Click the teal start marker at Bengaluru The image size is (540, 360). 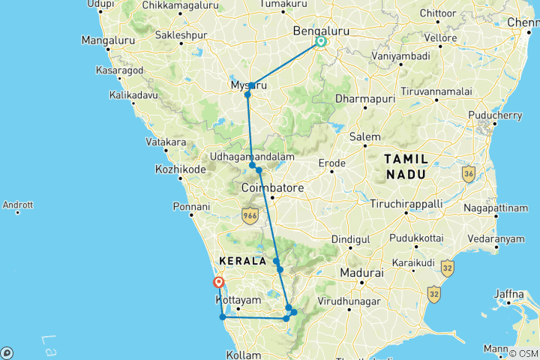321,42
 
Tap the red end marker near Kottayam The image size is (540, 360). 219,283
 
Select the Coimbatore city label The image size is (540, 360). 273,187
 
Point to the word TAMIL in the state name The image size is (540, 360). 406,159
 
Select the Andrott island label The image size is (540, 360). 18,204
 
